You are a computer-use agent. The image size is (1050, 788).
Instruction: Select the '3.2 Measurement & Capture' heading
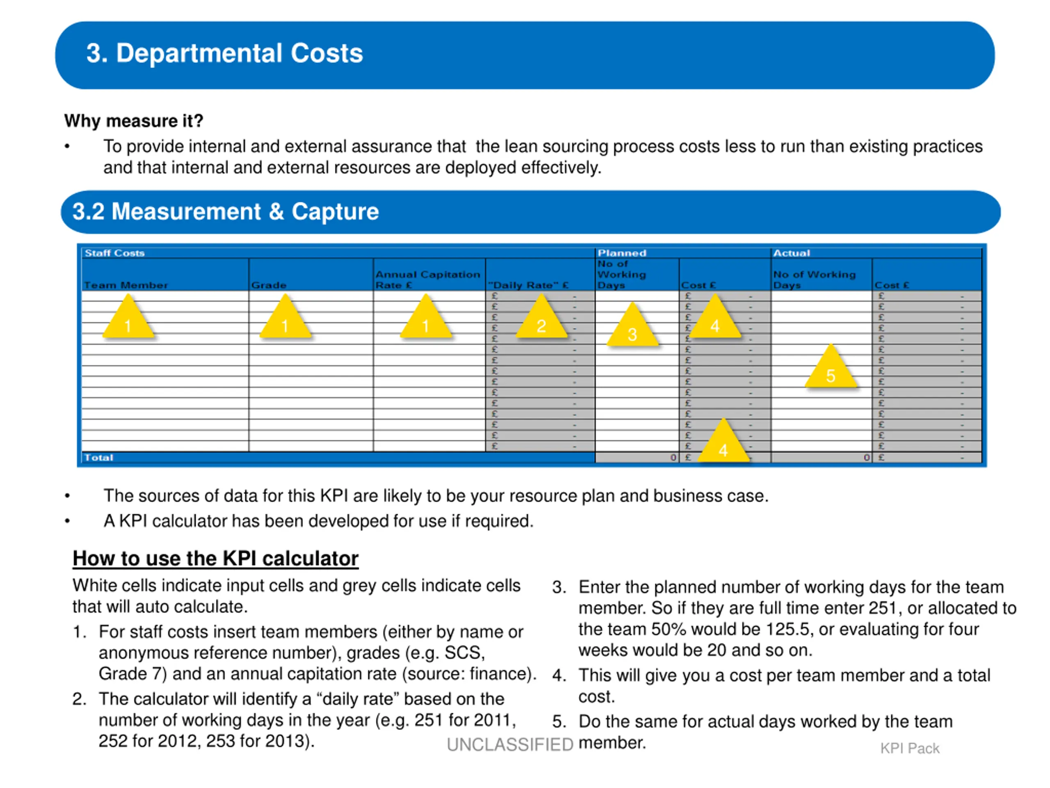point(226,211)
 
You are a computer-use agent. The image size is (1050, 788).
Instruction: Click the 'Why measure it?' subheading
point(133,121)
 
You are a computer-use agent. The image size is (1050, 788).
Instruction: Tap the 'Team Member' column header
point(126,285)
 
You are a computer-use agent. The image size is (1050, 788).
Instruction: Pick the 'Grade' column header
point(269,285)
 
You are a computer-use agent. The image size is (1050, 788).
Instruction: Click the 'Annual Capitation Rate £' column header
point(428,280)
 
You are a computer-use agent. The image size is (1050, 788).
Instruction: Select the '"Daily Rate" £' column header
point(528,285)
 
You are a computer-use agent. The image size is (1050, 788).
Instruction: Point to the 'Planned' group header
point(622,253)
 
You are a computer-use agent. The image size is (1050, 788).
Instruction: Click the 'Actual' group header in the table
point(791,253)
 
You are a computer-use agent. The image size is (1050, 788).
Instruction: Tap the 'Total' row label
point(99,458)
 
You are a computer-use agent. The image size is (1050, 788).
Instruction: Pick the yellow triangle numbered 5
point(831,366)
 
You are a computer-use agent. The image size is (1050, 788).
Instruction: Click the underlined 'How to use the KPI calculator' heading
point(215,559)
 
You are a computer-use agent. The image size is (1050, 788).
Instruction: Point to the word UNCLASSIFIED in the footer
point(510,745)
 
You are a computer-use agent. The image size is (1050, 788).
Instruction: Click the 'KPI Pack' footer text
point(909,749)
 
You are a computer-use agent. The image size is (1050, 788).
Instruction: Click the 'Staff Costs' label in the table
point(114,253)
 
